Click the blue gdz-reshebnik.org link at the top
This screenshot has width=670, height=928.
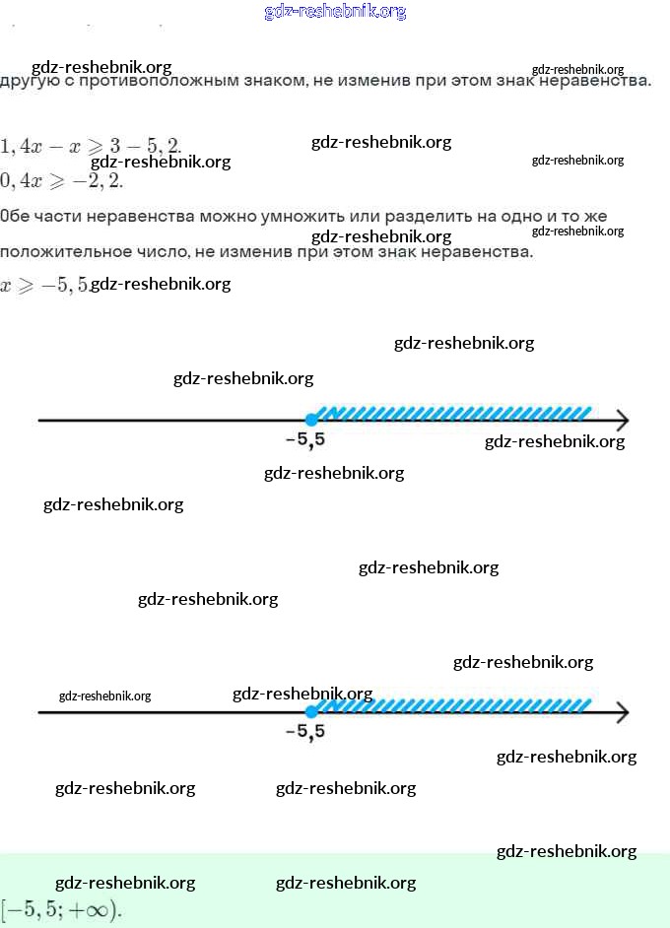[335, 12]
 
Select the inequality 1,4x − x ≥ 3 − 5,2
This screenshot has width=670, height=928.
[91, 146]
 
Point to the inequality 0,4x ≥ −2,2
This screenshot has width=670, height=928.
[61, 180]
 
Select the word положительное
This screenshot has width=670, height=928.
[59, 251]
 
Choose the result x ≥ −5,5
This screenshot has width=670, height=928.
[44, 285]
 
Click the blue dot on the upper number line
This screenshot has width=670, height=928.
[311, 420]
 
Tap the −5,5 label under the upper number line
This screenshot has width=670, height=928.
[304, 440]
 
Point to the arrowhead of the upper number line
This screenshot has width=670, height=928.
[621, 421]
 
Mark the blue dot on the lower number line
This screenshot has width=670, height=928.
[311, 711]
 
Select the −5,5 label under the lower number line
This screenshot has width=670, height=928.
[304, 732]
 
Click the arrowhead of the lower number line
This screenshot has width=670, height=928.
[621, 711]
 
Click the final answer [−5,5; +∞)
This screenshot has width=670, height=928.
[61, 908]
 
